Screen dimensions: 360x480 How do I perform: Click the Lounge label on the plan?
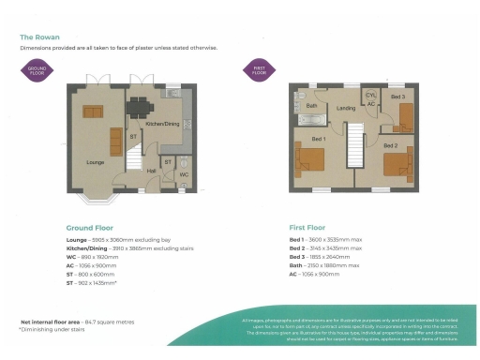(x=95, y=162)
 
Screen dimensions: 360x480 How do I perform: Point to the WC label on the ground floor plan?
(x=183, y=174)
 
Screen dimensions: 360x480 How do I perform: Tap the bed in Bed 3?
(x=405, y=114)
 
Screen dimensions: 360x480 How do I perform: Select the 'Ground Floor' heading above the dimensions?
(x=91, y=227)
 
